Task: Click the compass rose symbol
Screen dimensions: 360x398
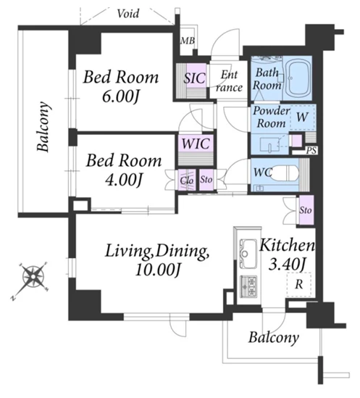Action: pyautogui.click(x=33, y=276)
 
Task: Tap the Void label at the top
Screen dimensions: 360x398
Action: pyautogui.click(x=128, y=14)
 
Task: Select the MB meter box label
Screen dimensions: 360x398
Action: pyautogui.click(x=188, y=41)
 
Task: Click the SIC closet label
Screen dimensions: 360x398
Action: pyautogui.click(x=195, y=78)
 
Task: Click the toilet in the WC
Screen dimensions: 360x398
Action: pyautogui.click(x=285, y=173)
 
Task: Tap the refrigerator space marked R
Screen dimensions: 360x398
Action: pyautogui.click(x=299, y=284)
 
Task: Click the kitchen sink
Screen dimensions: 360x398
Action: pyautogui.click(x=248, y=253)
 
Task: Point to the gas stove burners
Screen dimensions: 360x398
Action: pyautogui.click(x=248, y=286)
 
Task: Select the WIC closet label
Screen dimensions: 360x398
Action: pyautogui.click(x=196, y=144)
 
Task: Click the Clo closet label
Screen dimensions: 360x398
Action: pyautogui.click(x=187, y=181)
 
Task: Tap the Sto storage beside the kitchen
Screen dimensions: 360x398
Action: pyautogui.click(x=306, y=210)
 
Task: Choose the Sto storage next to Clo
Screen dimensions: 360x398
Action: pyautogui.click(x=206, y=180)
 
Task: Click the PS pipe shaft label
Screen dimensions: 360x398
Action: pyautogui.click(x=311, y=151)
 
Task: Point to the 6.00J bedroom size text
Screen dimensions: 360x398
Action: pyautogui.click(x=121, y=96)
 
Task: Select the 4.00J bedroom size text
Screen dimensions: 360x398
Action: pyautogui.click(x=123, y=180)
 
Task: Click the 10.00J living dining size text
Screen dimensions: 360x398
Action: pyautogui.click(x=158, y=270)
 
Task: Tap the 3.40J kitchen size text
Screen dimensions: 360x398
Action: pyautogui.click(x=287, y=264)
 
